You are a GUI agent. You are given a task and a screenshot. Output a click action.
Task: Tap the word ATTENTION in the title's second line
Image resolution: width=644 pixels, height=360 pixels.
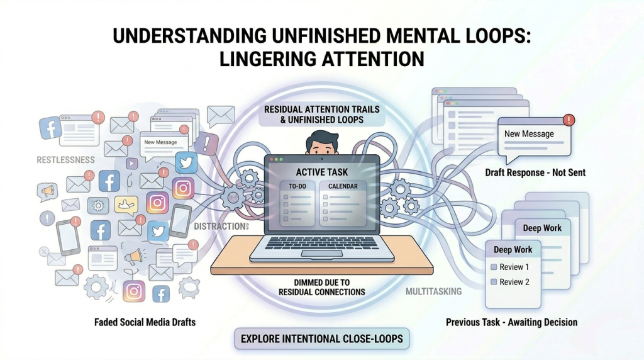[x=372, y=59]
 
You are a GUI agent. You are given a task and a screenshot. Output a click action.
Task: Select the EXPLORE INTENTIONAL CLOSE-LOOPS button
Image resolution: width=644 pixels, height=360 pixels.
[x=322, y=339]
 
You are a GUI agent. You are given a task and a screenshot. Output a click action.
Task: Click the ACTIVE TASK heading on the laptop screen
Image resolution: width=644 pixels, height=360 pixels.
[x=322, y=172]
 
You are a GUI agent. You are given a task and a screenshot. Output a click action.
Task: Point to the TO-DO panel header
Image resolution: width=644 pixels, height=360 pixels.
[x=297, y=186]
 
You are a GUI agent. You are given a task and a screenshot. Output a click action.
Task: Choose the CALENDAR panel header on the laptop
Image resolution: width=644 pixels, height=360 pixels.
[x=343, y=186]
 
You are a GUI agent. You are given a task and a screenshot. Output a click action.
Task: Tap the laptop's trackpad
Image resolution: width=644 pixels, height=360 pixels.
[x=322, y=253]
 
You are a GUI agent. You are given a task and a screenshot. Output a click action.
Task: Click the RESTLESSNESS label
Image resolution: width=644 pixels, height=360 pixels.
[x=65, y=160]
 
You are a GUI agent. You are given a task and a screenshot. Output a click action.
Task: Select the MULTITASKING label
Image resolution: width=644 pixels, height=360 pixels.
[x=434, y=291]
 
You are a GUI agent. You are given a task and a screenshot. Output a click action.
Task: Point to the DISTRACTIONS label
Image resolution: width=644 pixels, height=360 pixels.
[x=221, y=227]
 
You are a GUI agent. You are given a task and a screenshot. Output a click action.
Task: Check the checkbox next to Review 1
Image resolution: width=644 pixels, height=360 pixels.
[x=494, y=267]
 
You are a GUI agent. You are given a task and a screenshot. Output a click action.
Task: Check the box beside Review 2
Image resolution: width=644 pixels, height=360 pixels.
[x=494, y=282]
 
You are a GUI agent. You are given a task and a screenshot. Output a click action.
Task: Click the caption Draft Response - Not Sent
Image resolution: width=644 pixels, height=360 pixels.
[x=535, y=172]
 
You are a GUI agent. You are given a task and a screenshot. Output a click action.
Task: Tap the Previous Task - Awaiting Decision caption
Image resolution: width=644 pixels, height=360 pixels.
[x=512, y=322]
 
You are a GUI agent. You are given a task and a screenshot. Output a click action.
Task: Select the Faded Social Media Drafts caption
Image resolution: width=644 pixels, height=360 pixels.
[x=145, y=322]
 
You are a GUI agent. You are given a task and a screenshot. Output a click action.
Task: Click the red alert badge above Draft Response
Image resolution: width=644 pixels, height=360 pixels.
[x=569, y=120]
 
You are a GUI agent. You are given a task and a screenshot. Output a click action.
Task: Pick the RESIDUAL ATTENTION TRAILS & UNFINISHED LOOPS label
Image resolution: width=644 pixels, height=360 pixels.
[x=322, y=115]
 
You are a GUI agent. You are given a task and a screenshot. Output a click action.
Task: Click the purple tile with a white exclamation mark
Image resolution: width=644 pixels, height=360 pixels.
[x=206, y=143]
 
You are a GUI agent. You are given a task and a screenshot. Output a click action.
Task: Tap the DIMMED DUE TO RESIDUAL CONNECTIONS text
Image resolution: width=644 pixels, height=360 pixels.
[x=322, y=287]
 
